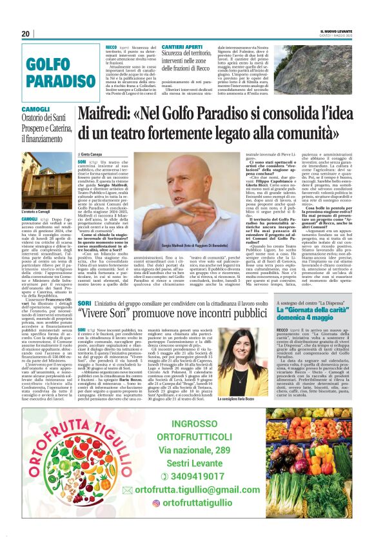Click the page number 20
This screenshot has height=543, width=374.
click(26, 34)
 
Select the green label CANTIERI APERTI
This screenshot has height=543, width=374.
click(182, 48)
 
